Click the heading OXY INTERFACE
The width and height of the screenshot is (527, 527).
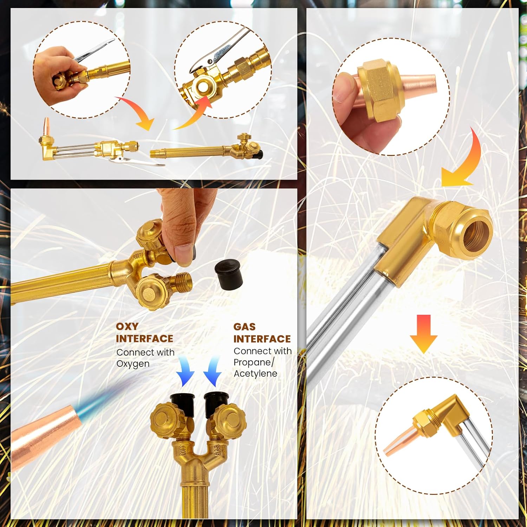[x=144, y=332]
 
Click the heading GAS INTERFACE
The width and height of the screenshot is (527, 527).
[x=262, y=333]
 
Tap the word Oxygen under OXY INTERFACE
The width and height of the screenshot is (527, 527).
[x=133, y=364]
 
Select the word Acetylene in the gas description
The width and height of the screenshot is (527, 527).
[x=255, y=373]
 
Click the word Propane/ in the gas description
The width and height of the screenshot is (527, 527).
[x=254, y=362]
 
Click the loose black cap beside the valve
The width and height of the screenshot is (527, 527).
[x=229, y=275]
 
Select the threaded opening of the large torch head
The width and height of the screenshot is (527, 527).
[x=476, y=234]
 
